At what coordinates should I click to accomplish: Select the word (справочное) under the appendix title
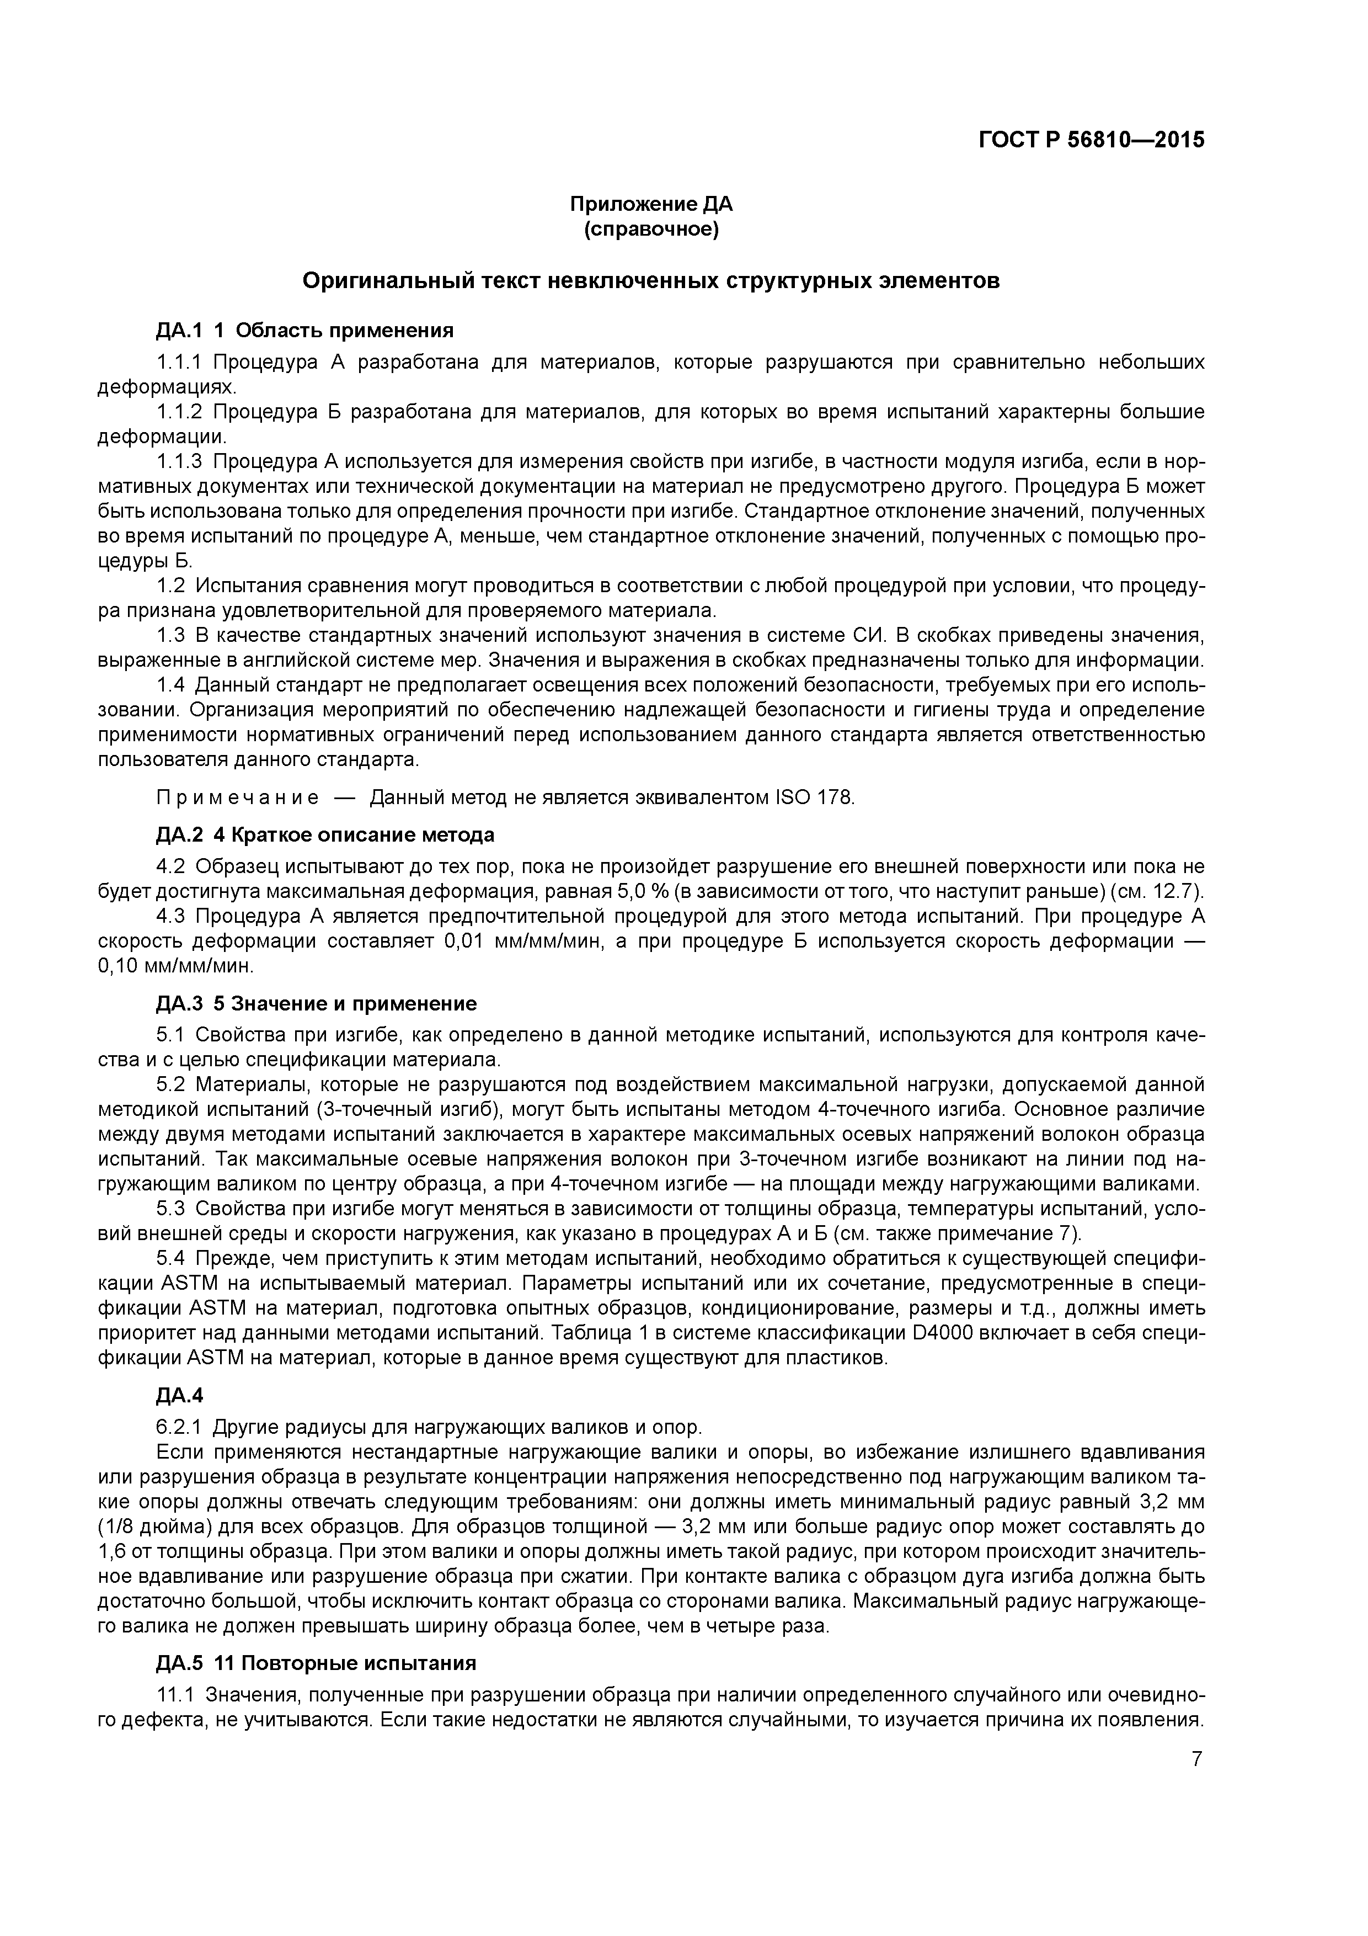[651, 230]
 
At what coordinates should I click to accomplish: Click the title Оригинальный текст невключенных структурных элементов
[651, 281]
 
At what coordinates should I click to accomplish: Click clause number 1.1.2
[179, 412]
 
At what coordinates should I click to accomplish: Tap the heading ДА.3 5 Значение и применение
[316, 1003]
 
